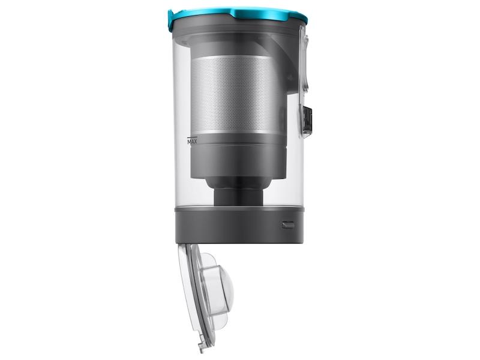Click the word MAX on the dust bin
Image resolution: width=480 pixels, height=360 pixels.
[192, 142]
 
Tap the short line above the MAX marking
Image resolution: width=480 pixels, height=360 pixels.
[192, 137]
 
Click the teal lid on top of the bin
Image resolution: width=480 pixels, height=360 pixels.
[238, 16]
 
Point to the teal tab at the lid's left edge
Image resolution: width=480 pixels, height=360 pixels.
[171, 21]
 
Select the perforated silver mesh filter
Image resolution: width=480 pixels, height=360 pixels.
[235, 94]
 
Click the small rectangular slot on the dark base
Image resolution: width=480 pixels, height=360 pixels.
[288, 225]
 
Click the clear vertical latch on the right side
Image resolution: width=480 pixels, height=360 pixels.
[304, 61]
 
